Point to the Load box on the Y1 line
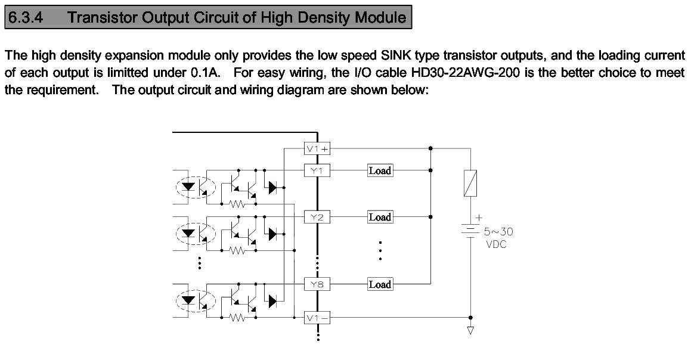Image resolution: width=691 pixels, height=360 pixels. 380,171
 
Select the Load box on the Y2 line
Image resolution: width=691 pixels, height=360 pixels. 380,218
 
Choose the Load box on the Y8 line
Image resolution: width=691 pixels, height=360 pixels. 380,285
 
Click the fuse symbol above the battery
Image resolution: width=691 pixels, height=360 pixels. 470,183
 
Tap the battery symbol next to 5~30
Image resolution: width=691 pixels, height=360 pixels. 470,231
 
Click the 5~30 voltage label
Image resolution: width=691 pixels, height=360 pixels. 498,231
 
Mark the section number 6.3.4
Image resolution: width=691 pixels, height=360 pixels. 26,17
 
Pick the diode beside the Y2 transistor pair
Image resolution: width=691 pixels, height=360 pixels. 273,234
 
